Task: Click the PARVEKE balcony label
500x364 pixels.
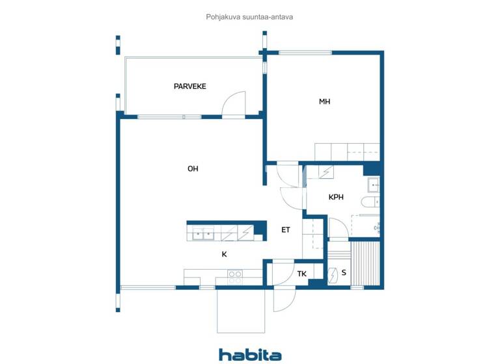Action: pos(189,86)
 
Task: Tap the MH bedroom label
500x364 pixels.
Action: pos(324,101)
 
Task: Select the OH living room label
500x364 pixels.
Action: pos(193,169)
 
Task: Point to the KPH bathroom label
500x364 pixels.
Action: pos(336,197)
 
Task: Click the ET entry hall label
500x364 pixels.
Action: pos(285,230)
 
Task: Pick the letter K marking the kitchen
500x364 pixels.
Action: pos(224,255)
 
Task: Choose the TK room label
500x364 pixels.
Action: pos(302,274)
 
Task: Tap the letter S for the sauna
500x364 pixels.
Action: pos(343,274)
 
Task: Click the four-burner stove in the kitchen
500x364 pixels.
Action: pos(235,278)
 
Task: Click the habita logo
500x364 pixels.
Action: pos(250,355)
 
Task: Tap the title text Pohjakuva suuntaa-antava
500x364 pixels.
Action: pos(249,18)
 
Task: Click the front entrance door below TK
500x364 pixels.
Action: pos(284,298)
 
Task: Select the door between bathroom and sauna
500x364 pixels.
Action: pos(338,229)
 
